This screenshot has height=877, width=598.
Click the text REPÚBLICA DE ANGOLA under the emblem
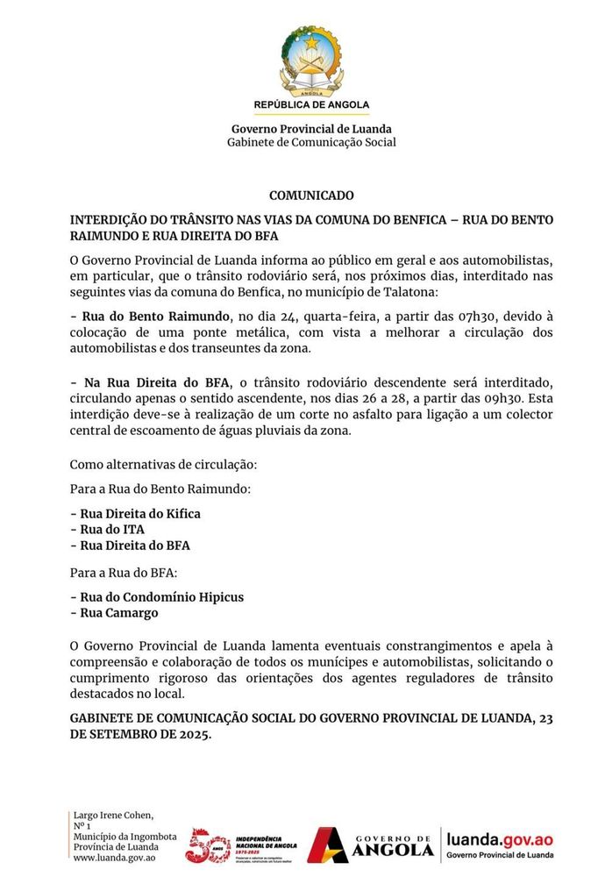point(311,104)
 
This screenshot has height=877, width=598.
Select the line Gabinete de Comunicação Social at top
point(311,142)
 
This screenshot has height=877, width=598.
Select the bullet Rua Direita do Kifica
point(135,514)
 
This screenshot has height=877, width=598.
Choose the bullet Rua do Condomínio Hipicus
point(157,597)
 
